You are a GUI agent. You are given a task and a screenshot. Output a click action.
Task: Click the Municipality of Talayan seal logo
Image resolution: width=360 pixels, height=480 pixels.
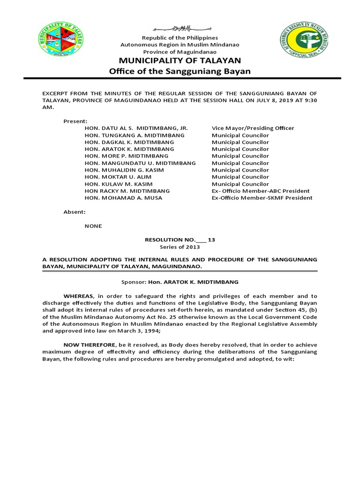(61, 39)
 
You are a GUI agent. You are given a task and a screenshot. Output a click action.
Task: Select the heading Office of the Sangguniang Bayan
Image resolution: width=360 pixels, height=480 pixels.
(180, 71)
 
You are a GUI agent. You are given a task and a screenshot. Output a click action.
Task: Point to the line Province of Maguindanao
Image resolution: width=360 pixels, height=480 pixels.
(180, 52)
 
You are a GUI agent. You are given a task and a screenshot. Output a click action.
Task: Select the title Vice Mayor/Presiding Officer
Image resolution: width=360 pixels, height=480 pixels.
(253, 128)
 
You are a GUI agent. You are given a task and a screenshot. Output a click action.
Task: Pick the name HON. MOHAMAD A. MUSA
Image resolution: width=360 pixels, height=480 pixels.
(123, 198)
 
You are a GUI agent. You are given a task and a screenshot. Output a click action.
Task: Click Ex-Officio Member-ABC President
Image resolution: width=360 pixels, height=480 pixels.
(261, 191)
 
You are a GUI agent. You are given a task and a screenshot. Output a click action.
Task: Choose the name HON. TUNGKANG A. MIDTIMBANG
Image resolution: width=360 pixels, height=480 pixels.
(128, 135)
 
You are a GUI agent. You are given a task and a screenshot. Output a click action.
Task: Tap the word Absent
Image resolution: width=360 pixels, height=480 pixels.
(75, 212)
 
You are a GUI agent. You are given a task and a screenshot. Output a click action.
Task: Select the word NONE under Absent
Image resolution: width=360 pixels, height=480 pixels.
(93, 226)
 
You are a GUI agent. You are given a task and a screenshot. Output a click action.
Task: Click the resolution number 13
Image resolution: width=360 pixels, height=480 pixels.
(211, 240)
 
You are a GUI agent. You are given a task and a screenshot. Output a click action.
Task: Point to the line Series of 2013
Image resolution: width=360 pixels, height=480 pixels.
(180, 247)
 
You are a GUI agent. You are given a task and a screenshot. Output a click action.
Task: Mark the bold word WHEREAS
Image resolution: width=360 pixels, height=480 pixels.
(79, 296)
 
